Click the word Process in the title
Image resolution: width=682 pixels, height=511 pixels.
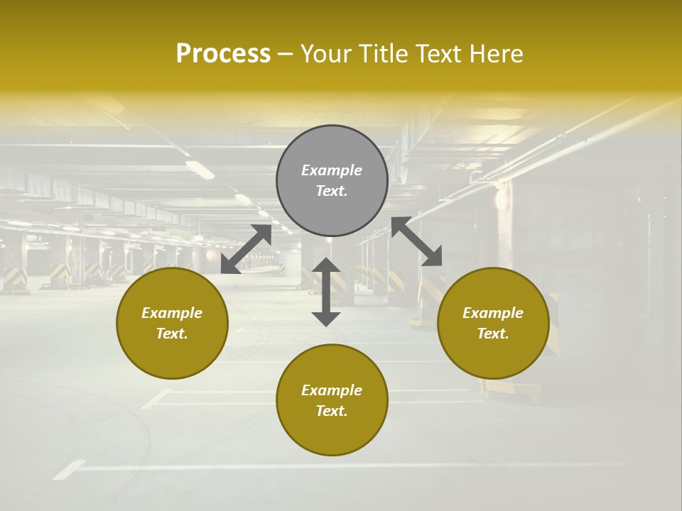tap(223, 54)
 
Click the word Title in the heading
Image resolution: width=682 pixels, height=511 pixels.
tap(382, 54)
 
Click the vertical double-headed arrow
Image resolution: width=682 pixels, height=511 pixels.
tap(326, 292)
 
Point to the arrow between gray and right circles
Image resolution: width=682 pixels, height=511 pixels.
tap(417, 241)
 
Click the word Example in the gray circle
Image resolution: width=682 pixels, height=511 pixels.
tap(332, 170)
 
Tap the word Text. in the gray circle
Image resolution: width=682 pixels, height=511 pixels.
tap(332, 191)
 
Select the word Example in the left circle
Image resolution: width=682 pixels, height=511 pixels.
tap(172, 313)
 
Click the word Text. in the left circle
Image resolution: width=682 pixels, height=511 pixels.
tap(172, 334)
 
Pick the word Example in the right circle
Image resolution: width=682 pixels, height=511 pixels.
tap(493, 313)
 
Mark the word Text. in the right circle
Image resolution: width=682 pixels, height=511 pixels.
tap(493, 334)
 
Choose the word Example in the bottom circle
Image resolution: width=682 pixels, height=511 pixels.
tap(332, 390)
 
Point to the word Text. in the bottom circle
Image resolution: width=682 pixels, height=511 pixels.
tap(332, 411)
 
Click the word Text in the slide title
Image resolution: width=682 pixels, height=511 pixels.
tap(437, 54)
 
